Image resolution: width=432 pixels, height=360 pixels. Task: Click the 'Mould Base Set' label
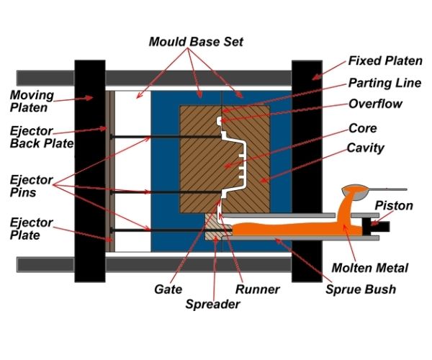pyautogui.click(x=196, y=42)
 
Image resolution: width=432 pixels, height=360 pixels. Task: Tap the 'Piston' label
pyautogui.click(x=394, y=206)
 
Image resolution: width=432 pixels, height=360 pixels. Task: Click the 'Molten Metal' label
pyautogui.click(x=369, y=268)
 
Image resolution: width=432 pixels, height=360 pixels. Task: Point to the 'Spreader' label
pyautogui.click(x=212, y=304)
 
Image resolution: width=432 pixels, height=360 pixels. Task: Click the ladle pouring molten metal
pyautogui.click(x=354, y=192)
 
